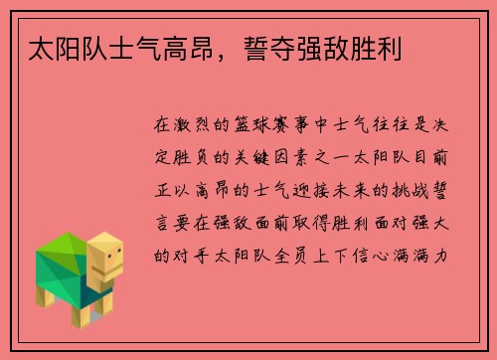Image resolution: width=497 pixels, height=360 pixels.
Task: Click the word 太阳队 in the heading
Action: tap(46, 48)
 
